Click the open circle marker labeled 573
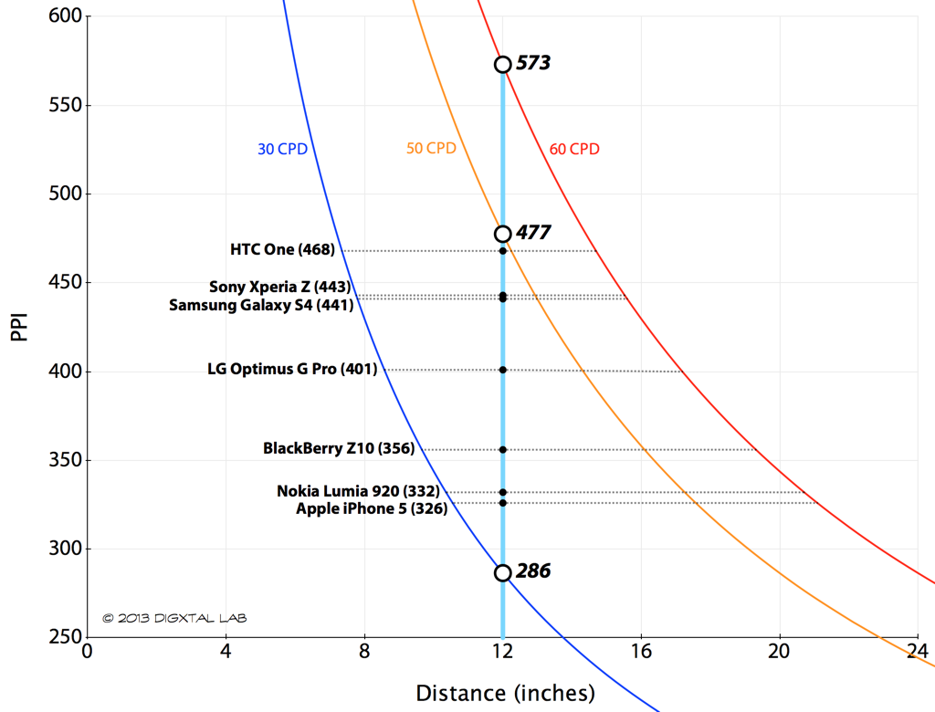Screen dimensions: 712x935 click(502, 64)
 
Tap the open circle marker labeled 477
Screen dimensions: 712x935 click(502, 234)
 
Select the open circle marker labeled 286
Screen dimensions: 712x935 click(502, 572)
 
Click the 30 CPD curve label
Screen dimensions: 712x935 click(282, 149)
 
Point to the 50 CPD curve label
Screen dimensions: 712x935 click(431, 148)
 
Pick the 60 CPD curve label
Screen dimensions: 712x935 click(574, 149)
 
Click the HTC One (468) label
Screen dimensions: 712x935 click(283, 250)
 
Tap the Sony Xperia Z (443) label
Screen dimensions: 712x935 click(279, 288)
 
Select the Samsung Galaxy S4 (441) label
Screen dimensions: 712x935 click(261, 306)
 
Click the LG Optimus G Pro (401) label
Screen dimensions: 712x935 click(292, 370)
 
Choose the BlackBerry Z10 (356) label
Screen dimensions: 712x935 click(339, 448)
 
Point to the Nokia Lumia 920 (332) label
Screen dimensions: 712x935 click(358, 491)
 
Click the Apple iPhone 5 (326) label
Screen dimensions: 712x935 click(372, 508)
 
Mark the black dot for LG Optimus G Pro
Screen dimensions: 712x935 click(503, 370)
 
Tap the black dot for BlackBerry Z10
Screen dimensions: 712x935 click(503, 449)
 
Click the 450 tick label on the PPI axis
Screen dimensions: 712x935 click(65, 283)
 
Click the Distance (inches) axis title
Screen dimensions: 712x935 click(505, 693)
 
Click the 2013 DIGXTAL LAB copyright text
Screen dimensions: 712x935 click(174, 618)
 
